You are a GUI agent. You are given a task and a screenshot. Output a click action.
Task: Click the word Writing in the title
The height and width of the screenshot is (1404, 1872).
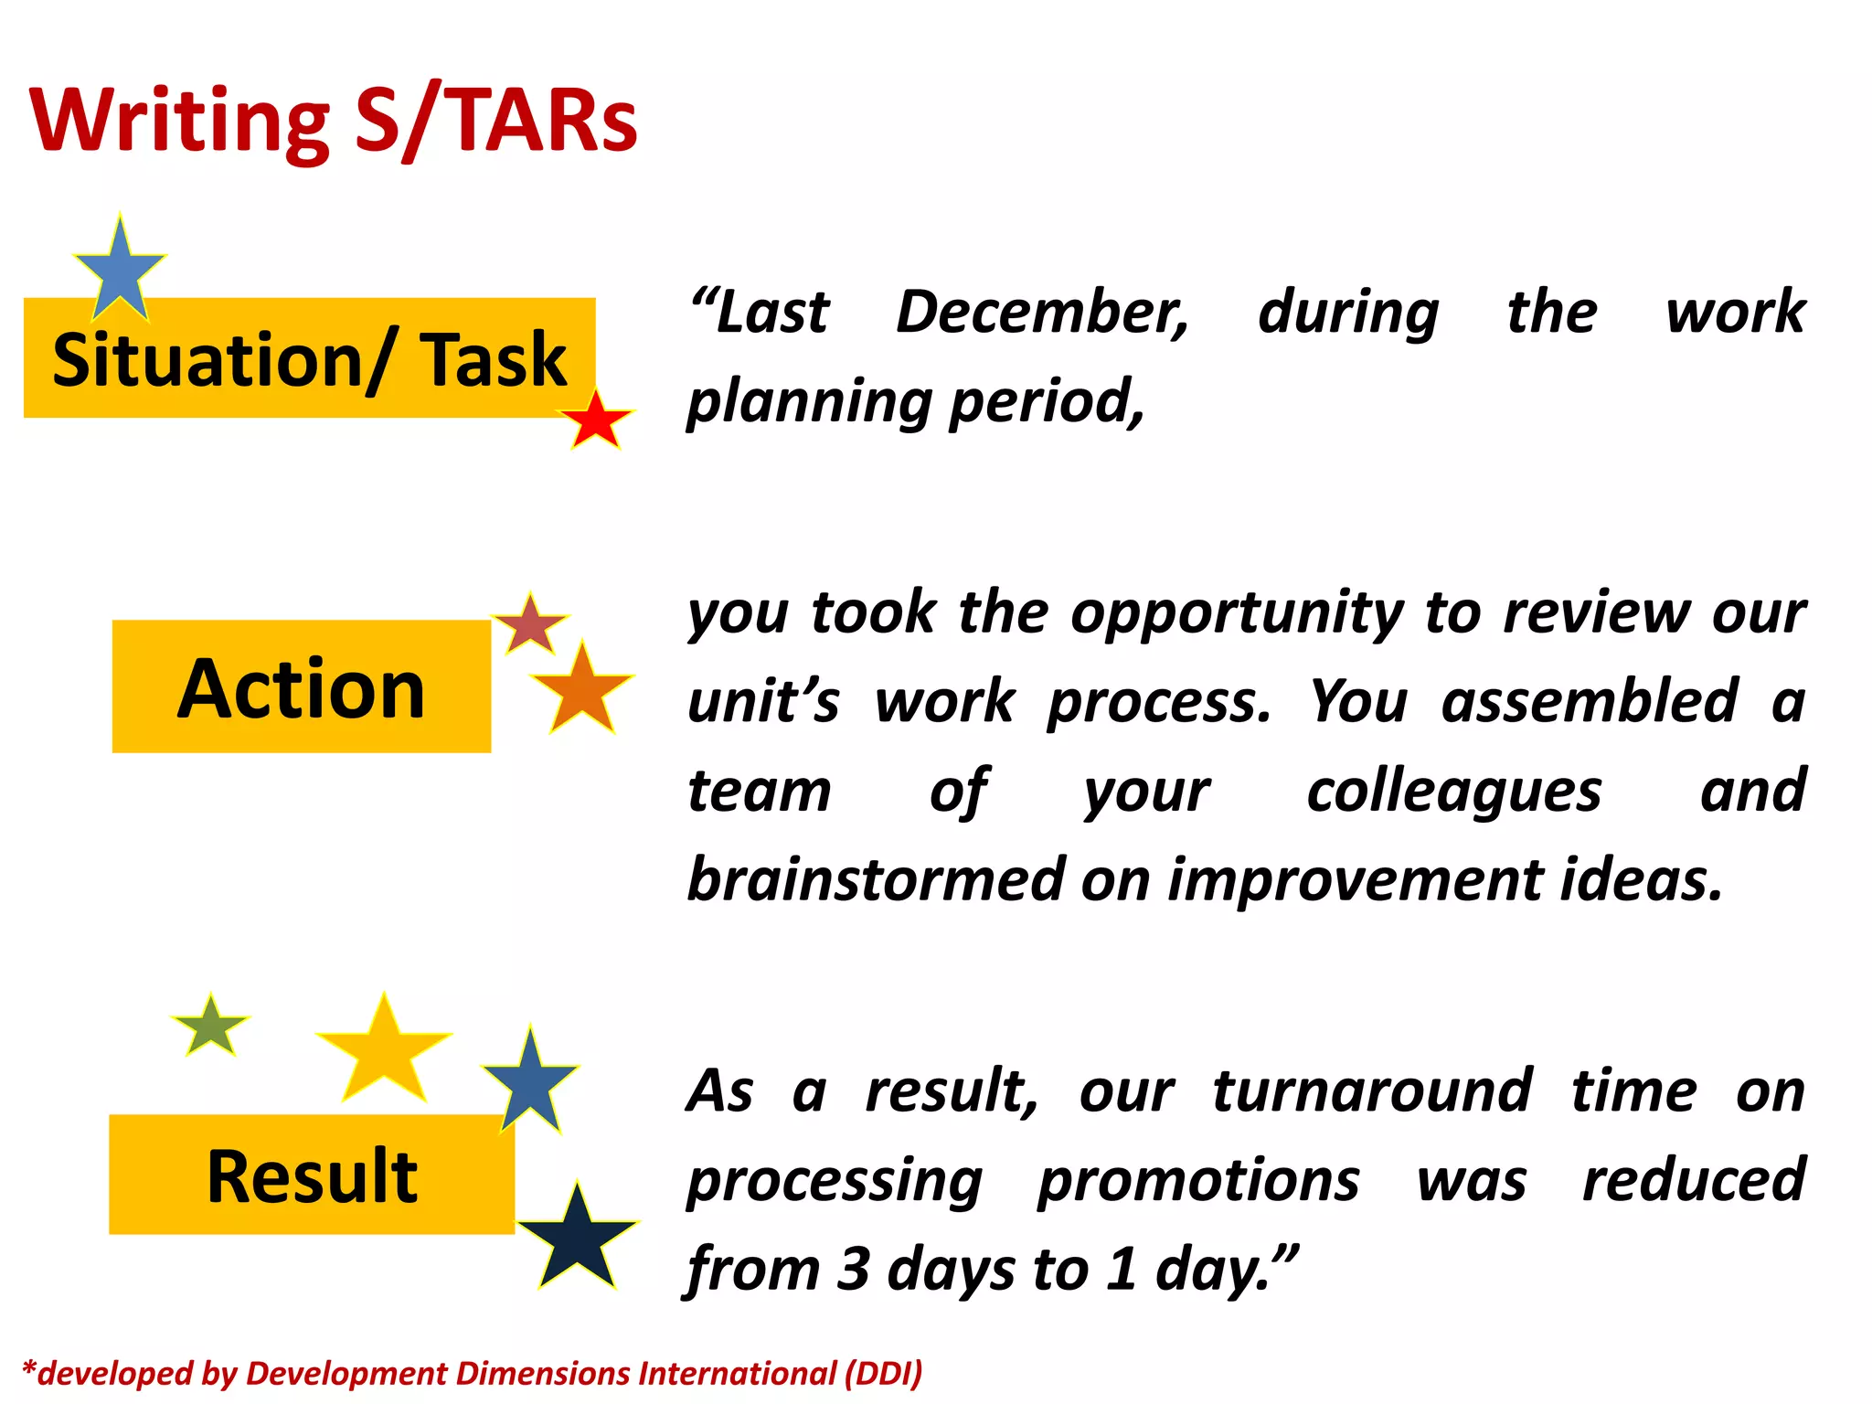[x=179, y=121]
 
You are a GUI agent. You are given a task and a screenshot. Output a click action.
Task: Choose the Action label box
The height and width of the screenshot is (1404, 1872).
[x=301, y=687]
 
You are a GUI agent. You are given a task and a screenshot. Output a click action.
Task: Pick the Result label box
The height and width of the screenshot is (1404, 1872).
[x=312, y=1175]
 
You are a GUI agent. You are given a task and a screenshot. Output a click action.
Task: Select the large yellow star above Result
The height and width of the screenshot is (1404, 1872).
[x=384, y=1052]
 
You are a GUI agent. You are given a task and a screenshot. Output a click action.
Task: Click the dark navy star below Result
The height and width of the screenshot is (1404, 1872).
[x=577, y=1239]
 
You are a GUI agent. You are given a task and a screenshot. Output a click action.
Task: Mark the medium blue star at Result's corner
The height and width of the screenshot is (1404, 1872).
[x=530, y=1082]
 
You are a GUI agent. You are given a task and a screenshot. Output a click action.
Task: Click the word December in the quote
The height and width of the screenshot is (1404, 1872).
[x=1042, y=312]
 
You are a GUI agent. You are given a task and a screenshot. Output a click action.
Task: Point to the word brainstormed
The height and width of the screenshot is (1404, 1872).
[x=875, y=879]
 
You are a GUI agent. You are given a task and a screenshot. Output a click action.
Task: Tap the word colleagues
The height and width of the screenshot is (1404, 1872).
[x=1453, y=791]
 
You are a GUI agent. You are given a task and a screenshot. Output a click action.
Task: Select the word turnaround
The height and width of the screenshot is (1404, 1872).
[x=1371, y=1090]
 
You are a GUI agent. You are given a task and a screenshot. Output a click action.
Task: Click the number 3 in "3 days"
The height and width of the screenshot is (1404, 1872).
[x=852, y=1269]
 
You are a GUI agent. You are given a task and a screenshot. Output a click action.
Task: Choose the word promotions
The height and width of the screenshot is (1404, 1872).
[x=1198, y=1180]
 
